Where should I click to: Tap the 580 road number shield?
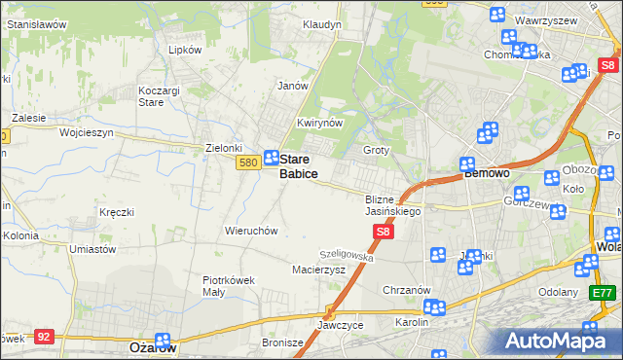[x=246, y=163]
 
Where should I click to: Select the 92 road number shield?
[x=43, y=336]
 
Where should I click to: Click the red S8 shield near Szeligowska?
[x=384, y=232]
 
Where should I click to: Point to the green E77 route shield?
[x=604, y=292]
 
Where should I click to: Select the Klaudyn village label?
[x=322, y=23]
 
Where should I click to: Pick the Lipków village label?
[x=185, y=50]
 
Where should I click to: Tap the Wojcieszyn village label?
[x=87, y=131]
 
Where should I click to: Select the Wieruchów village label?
[x=252, y=232]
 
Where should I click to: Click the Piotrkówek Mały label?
[x=229, y=285]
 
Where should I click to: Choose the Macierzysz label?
[x=319, y=270]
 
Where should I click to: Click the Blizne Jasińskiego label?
[x=392, y=204]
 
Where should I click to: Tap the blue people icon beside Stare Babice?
[x=273, y=157]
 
